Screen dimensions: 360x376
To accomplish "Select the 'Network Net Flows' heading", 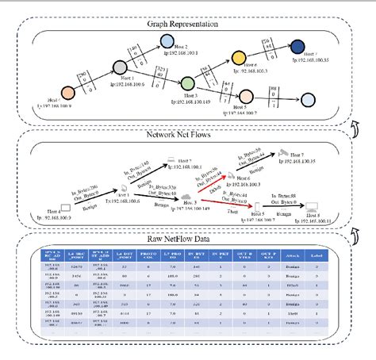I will tap(188, 136).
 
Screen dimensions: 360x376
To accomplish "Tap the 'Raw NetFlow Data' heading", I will tap(188, 236).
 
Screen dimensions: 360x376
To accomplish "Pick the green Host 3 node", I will tap(188, 82).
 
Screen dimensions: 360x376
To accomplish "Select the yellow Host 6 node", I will tap(238, 58).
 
